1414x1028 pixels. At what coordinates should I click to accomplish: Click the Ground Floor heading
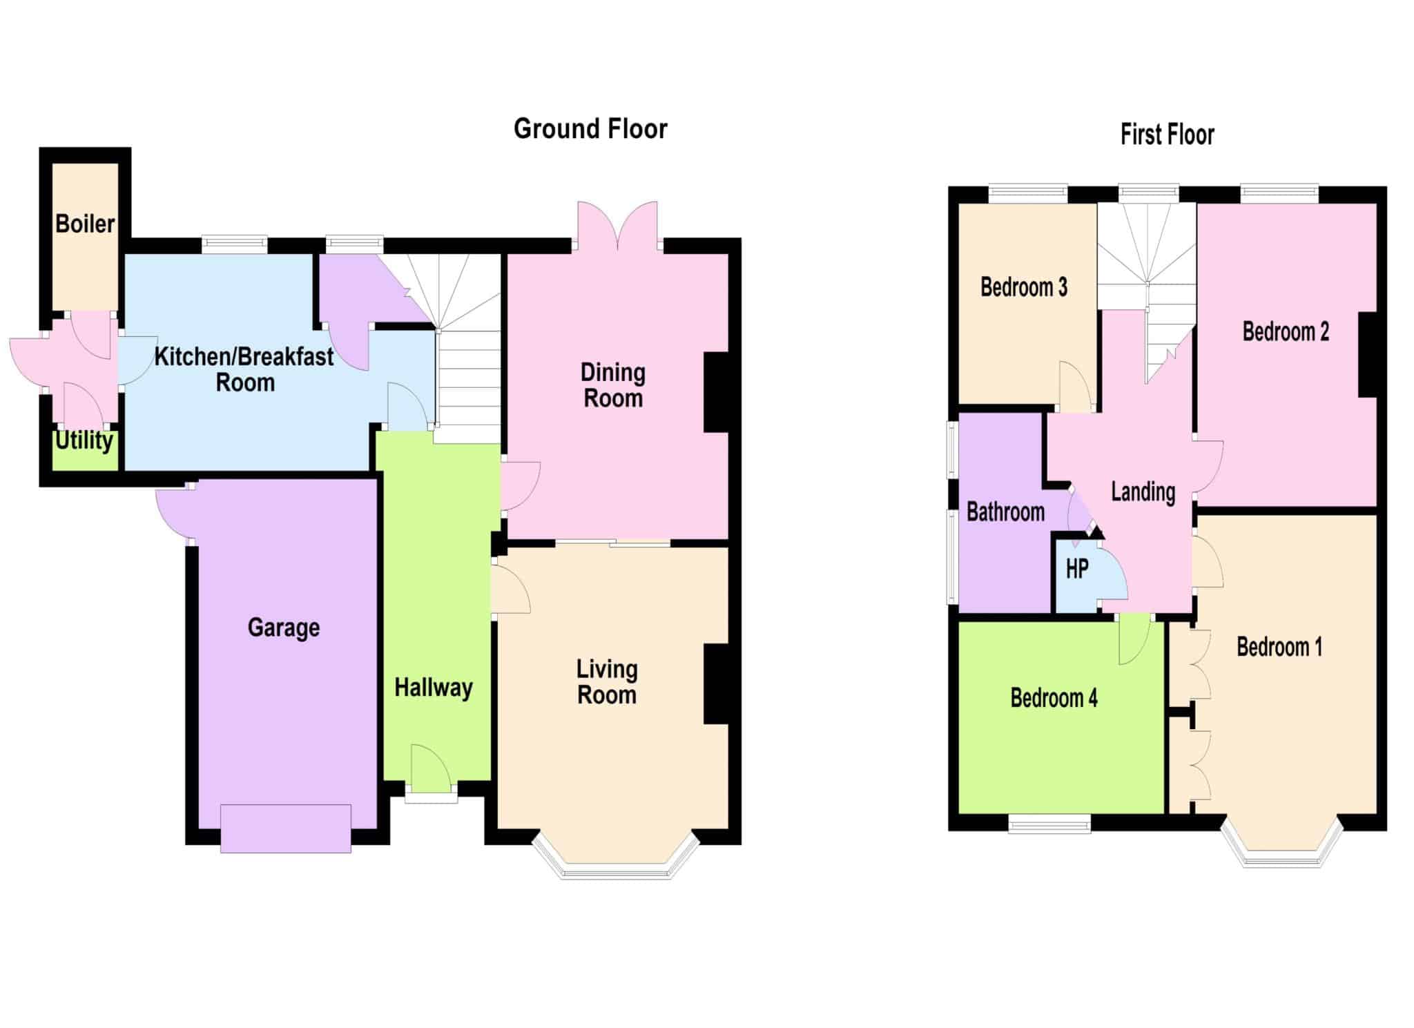coord(590,129)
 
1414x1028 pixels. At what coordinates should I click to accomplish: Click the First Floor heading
coord(1167,135)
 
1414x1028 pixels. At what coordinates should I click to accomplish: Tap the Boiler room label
coord(85,224)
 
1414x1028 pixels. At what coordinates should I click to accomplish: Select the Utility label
coord(84,440)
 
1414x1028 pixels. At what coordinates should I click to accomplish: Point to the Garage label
coord(284,628)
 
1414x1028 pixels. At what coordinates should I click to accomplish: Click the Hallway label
coord(434,688)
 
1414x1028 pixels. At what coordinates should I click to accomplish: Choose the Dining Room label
coord(613,385)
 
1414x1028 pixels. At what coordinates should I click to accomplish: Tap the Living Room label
coord(607,681)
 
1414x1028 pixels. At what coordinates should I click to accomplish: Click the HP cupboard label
coord(1077,569)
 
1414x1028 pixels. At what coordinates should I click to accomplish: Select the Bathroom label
coord(1005,512)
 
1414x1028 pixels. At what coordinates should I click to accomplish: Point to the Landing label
coord(1143,492)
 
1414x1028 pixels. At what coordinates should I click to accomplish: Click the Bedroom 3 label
coord(1024,287)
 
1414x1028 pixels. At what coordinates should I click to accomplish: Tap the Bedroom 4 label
coord(1054,698)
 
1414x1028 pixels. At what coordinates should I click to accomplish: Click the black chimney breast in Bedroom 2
coord(1368,355)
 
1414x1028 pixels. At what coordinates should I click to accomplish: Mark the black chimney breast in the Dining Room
coord(717,393)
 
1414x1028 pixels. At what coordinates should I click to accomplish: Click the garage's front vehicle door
coord(286,828)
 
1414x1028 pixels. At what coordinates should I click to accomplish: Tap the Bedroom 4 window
coord(1049,824)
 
